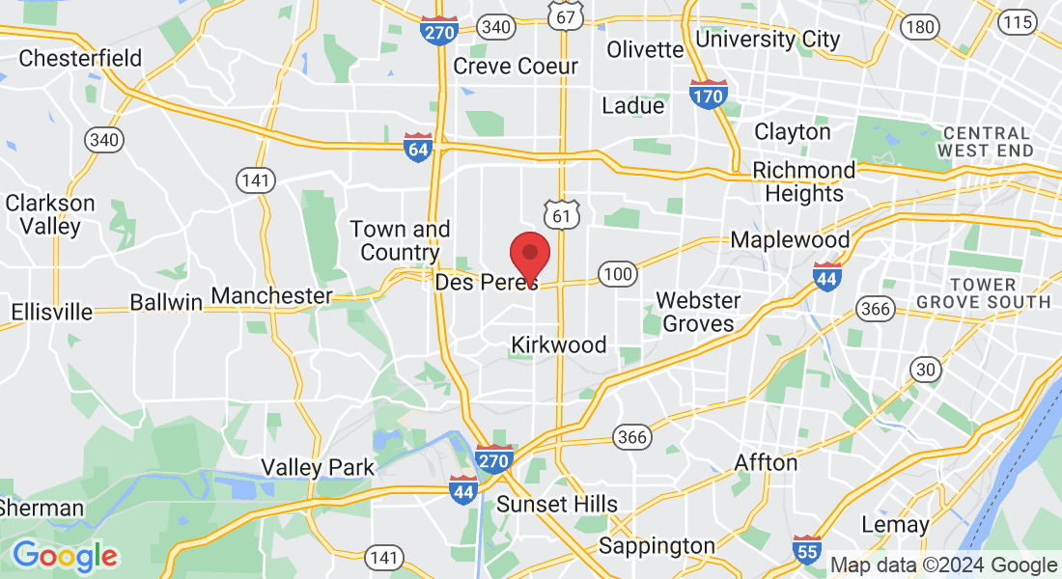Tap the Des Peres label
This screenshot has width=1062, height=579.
(x=487, y=283)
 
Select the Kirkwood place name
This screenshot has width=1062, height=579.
(x=559, y=345)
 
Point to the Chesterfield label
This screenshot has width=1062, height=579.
(x=80, y=58)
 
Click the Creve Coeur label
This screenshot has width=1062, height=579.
(x=516, y=67)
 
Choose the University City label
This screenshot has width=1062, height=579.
(x=768, y=40)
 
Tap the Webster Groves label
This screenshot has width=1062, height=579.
(x=699, y=312)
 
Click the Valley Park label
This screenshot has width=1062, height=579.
(x=318, y=468)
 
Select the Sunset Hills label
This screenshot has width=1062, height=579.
(x=557, y=504)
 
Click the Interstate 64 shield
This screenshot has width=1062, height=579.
(x=418, y=149)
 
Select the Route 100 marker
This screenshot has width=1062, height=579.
(x=617, y=275)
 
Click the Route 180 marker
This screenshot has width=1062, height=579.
(x=919, y=27)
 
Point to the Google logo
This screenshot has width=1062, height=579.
(x=65, y=555)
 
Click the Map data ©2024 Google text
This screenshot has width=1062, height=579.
(x=943, y=565)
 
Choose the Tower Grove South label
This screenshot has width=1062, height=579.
(x=983, y=293)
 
